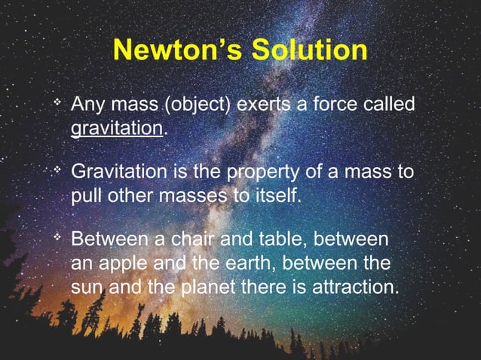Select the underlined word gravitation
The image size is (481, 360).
click(x=117, y=127)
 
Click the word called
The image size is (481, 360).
click(x=387, y=104)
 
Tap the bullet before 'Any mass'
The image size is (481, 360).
click(x=55, y=100)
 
